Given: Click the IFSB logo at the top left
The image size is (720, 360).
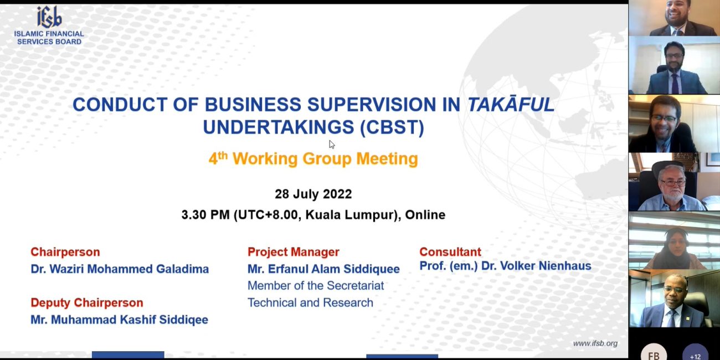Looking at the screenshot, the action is click(x=49, y=25).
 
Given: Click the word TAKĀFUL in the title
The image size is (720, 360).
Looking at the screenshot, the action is click(x=511, y=104).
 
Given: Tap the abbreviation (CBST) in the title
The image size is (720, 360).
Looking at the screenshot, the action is click(x=392, y=127).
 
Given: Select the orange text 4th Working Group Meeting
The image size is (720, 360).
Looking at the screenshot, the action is click(x=313, y=159).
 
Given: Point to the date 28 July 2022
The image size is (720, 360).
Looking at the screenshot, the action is click(x=313, y=194).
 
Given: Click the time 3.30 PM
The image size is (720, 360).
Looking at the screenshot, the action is click(x=205, y=214).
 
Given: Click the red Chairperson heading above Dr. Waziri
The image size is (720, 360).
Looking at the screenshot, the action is click(x=65, y=251).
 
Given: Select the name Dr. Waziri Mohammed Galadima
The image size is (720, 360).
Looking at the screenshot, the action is click(x=120, y=269).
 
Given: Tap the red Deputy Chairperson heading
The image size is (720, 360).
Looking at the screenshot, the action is click(x=87, y=302).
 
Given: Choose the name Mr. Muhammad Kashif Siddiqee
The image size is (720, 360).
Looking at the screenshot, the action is click(x=119, y=320).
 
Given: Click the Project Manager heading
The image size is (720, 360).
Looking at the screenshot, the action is click(x=294, y=251).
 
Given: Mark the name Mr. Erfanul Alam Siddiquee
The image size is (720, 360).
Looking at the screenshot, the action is click(x=323, y=269).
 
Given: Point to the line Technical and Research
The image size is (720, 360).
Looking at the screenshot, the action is click(x=311, y=302).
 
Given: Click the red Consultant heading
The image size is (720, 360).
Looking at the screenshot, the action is click(x=450, y=251).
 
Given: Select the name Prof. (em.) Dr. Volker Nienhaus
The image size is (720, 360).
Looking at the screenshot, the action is click(x=505, y=266).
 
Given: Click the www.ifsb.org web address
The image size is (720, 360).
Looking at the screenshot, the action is click(x=595, y=343).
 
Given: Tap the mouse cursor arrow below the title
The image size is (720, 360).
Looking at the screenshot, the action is click(x=332, y=145).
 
